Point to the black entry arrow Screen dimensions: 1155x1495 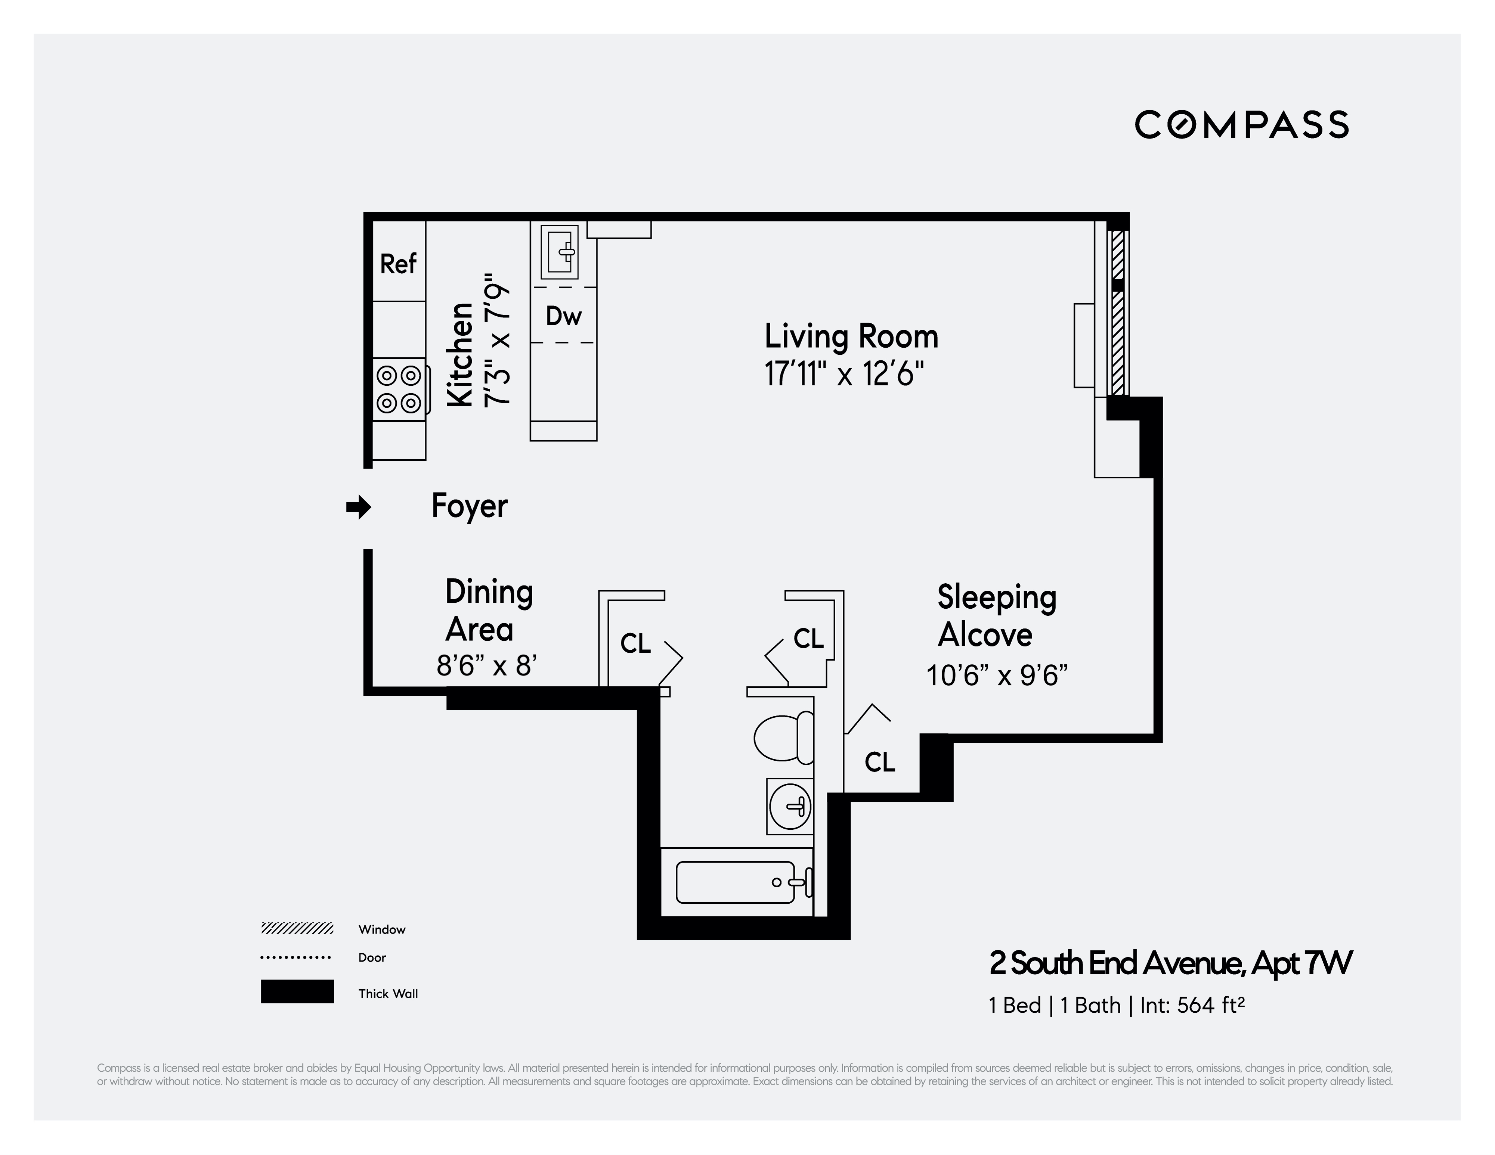358,508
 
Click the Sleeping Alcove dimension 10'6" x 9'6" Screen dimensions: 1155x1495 997,676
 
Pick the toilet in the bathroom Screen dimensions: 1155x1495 784,738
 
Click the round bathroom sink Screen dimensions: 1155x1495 790,806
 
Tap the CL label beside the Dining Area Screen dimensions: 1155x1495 635,643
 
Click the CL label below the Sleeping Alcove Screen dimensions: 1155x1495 880,761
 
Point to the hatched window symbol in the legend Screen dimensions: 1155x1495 297,928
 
